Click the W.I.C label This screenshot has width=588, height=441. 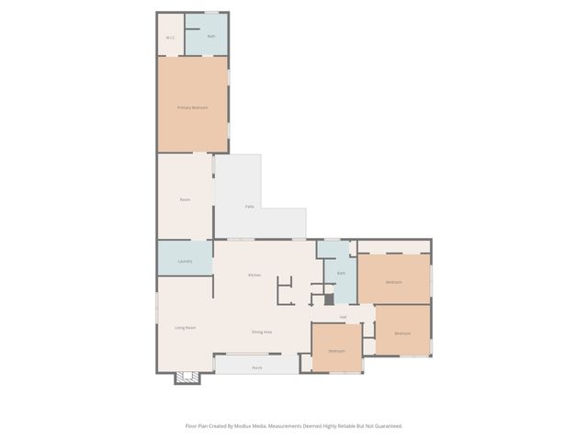170,38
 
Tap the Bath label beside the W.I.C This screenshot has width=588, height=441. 210,37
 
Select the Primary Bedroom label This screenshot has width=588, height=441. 192,107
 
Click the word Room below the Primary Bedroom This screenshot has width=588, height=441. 185,199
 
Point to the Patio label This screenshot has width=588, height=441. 249,207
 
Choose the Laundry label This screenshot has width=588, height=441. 185,261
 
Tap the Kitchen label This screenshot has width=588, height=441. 254,275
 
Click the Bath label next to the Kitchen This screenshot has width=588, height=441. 341,273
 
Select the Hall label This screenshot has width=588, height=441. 343,317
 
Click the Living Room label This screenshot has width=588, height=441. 186,327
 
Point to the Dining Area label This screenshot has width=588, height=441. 262,332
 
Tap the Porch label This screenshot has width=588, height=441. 257,367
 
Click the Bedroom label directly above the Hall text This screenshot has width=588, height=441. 394,282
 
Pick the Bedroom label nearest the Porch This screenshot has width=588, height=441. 337,351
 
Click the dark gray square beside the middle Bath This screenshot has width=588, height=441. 329,300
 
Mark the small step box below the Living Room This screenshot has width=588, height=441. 187,377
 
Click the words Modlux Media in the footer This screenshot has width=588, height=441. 261,425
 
